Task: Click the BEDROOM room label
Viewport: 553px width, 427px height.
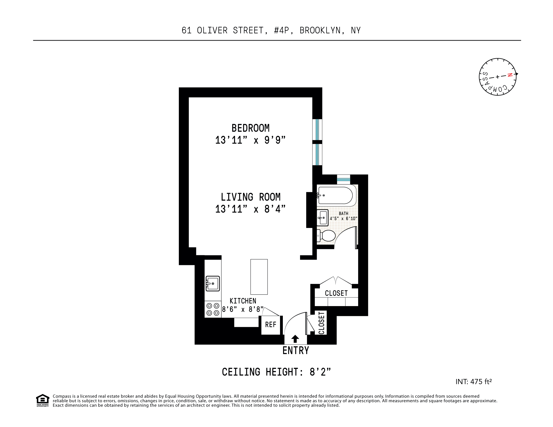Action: (250, 128)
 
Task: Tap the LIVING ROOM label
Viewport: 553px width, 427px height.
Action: (250, 197)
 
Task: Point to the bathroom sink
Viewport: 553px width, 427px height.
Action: (323, 218)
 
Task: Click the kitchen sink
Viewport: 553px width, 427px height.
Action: (213, 283)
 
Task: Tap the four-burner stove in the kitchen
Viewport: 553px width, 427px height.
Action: (213, 309)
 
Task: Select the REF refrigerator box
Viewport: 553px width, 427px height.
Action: (271, 325)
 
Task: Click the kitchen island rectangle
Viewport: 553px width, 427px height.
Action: (259, 277)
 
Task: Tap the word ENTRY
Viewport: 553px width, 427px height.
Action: (296, 351)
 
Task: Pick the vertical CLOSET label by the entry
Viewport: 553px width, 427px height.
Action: (321, 323)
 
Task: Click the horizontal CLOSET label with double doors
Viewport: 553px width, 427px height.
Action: (336, 293)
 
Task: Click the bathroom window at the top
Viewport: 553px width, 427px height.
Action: (344, 179)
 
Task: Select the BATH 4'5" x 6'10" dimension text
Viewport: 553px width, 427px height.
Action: (343, 216)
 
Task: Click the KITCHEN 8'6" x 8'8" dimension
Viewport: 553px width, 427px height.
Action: (243, 305)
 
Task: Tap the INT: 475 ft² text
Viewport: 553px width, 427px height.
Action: (473, 382)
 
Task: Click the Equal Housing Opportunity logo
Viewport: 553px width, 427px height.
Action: (43, 400)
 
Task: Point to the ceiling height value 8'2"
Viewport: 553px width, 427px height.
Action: (320, 372)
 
